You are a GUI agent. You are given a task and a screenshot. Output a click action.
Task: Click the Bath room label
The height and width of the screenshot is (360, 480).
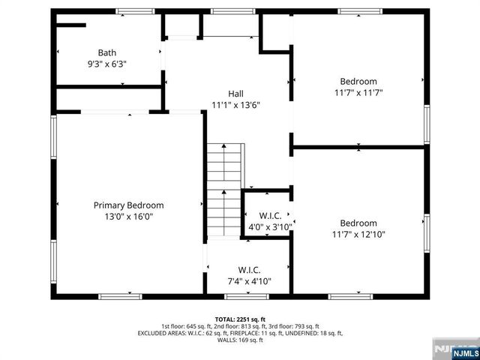click(x=106, y=52)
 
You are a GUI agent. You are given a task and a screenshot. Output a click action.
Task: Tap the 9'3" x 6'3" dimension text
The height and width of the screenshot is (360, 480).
click(x=106, y=64)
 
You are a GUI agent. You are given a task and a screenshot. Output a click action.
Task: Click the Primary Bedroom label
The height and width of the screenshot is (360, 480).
click(x=128, y=205)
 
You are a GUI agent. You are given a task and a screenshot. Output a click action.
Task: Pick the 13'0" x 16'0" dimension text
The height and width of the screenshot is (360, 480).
click(x=128, y=217)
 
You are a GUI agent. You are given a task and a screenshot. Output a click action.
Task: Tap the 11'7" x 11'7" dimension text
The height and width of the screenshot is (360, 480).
click(x=358, y=93)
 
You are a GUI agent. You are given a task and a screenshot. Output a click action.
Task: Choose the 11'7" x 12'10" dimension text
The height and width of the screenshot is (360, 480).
click(x=358, y=234)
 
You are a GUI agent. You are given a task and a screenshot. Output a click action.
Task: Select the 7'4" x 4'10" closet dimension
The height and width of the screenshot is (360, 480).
click(x=249, y=282)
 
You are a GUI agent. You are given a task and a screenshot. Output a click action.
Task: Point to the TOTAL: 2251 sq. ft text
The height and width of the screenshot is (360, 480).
click(x=240, y=319)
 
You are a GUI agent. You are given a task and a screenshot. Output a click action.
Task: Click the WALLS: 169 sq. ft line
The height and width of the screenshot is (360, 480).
click(x=240, y=340)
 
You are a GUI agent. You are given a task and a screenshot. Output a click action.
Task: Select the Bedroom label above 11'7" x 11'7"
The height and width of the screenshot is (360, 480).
click(x=358, y=81)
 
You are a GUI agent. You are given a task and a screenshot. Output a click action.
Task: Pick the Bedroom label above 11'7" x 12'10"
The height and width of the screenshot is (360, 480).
click(x=358, y=223)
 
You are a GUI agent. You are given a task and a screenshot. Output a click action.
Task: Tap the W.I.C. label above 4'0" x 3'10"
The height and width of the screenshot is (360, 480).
click(x=270, y=216)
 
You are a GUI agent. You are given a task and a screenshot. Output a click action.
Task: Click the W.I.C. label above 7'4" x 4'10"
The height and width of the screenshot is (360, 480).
click(x=249, y=270)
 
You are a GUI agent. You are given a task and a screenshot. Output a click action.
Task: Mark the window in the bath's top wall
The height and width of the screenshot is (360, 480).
click(x=130, y=11)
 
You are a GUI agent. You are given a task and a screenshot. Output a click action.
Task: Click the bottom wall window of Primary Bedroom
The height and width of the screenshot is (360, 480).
click(x=120, y=296)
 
